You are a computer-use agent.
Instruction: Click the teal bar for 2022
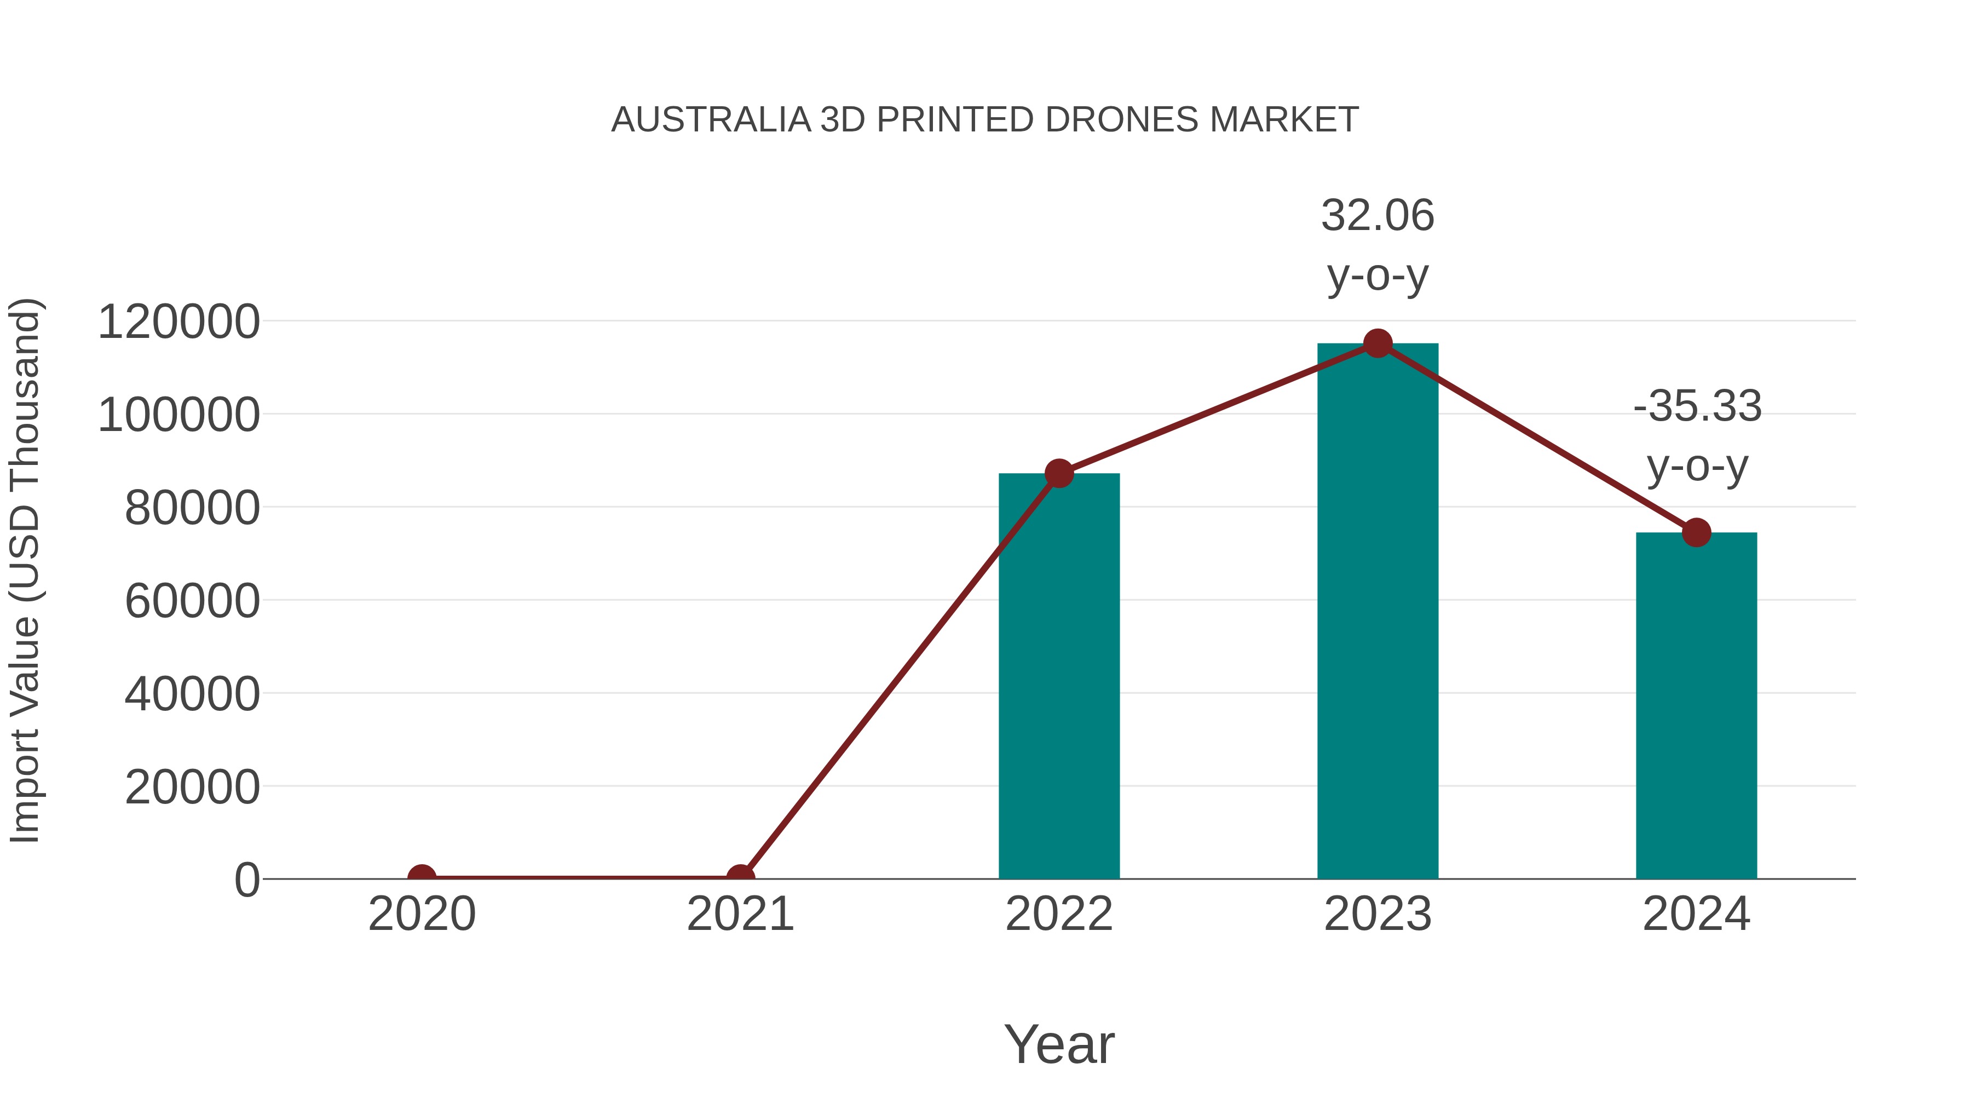[1059, 677]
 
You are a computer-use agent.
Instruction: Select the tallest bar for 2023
[1378, 612]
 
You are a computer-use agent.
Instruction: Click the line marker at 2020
[422, 877]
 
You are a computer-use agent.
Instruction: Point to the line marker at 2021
[740, 877]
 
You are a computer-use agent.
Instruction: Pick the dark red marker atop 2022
[1059, 474]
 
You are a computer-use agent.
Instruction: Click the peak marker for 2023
[1378, 343]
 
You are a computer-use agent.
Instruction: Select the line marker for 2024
[1696, 532]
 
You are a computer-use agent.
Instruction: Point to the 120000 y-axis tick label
[178, 321]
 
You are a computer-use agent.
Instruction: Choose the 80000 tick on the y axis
[192, 508]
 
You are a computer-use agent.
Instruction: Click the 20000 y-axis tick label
[192, 787]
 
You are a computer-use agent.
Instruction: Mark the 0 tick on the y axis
[247, 880]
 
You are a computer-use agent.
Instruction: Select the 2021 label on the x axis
[740, 914]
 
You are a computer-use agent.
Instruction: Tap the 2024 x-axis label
[1696, 914]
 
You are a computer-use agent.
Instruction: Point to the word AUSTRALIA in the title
[711, 120]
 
